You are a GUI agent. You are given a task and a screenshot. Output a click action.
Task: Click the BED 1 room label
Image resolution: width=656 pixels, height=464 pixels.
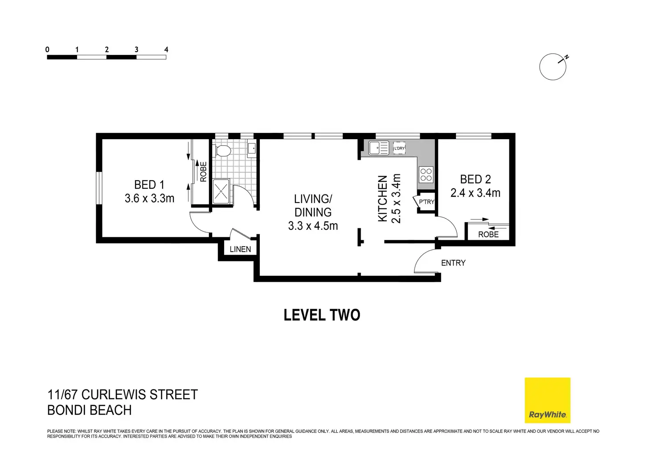pos(149,184)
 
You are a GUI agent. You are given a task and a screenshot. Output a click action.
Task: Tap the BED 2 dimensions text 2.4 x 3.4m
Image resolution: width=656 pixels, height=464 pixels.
pos(475,193)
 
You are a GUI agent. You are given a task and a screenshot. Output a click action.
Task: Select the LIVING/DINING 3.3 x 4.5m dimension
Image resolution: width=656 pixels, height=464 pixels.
pos(313,226)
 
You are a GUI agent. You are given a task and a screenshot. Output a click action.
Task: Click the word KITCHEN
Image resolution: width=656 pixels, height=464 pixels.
pos(382,199)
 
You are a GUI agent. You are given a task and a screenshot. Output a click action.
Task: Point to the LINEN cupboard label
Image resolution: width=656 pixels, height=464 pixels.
pos(240,249)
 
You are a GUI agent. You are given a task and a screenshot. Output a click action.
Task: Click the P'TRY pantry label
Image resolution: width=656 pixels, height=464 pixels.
pos(426,202)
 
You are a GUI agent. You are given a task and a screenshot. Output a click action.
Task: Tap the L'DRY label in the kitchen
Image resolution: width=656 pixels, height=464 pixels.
pos(399,148)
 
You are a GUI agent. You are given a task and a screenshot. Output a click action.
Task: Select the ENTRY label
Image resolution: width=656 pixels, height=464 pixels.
pos(453,263)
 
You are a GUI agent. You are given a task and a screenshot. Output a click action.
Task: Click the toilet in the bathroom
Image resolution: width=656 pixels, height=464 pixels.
pos(221,151)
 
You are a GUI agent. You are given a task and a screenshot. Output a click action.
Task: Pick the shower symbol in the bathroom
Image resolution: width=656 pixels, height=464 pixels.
pos(221,191)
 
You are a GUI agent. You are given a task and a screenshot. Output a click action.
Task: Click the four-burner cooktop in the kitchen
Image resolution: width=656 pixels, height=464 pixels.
pos(426,174)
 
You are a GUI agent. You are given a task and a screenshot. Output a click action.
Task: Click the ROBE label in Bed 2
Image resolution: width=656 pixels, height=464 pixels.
pos(488,234)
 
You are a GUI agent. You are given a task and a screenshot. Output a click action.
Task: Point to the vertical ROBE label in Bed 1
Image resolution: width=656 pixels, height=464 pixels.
pos(203,171)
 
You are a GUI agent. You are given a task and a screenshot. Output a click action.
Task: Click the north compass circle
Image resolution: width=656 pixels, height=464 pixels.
pos(553,67)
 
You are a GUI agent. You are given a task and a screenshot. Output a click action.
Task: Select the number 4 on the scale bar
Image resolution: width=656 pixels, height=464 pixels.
pos(166,50)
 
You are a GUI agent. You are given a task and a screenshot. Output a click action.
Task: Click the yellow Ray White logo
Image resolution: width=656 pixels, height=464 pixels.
pos(547,400)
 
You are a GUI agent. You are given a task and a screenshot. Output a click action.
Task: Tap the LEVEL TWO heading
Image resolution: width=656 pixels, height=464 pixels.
pos(322,315)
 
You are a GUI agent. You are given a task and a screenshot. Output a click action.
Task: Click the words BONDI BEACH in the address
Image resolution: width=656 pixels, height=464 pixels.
pos(89,410)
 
